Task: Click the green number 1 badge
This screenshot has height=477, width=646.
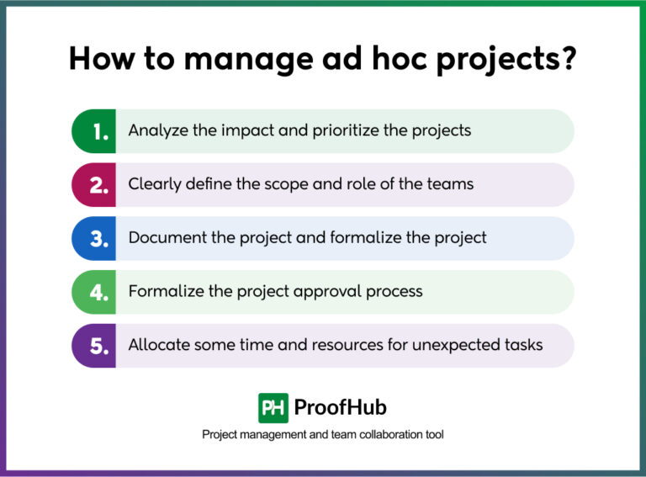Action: [x=94, y=131]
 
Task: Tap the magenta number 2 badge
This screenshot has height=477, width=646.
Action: [x=94, y=185]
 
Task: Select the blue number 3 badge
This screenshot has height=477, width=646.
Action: [x=94, y=238]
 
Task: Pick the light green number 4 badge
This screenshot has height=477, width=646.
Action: [x=94, y=292]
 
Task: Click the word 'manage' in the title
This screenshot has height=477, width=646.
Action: [x=236, y=61]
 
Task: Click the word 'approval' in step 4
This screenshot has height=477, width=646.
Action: [x=327, y=292]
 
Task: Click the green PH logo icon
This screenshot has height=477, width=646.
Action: [x=273, y=408]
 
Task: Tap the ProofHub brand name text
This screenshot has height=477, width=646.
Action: [x=341, y=408]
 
